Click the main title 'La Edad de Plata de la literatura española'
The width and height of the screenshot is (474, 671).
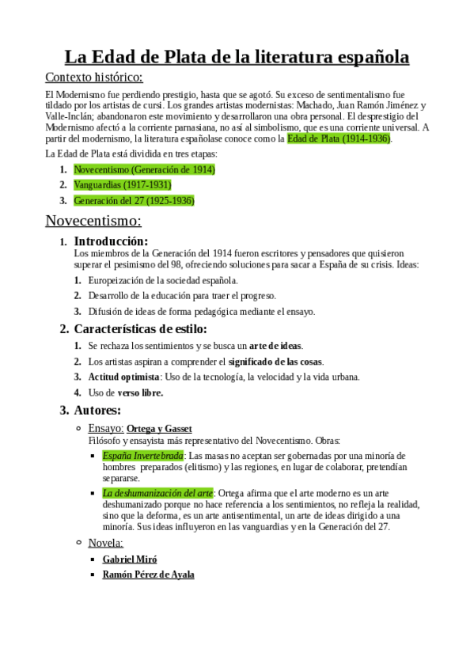[x=237, y=57]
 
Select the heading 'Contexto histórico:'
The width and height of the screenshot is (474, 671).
[x=94, y=77]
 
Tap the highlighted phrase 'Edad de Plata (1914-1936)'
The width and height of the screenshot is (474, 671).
[x=339, y=138]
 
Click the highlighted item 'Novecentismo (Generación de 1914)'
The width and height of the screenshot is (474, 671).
[x=144, y=169]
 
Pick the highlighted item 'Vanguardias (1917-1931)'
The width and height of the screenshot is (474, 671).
[x=122, y=184]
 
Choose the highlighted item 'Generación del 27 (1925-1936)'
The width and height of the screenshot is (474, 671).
[x=134, y=200]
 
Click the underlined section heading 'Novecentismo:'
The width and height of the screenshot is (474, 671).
[x=93, y=220]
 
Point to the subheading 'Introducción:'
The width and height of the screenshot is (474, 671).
[x=111, y=241]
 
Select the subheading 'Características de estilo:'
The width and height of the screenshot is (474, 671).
[x=140, y=328]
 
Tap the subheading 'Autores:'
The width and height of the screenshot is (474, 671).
[x=97, y=410]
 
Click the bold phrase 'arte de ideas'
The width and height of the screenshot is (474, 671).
[x=275, y=346]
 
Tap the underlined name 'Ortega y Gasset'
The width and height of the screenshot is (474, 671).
[x=159, y=428]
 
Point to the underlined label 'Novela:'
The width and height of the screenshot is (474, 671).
[x=105, y=542]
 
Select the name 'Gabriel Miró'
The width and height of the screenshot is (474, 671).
[x=131, y=559]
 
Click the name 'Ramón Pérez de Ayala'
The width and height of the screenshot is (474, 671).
[x=148, y=574]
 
